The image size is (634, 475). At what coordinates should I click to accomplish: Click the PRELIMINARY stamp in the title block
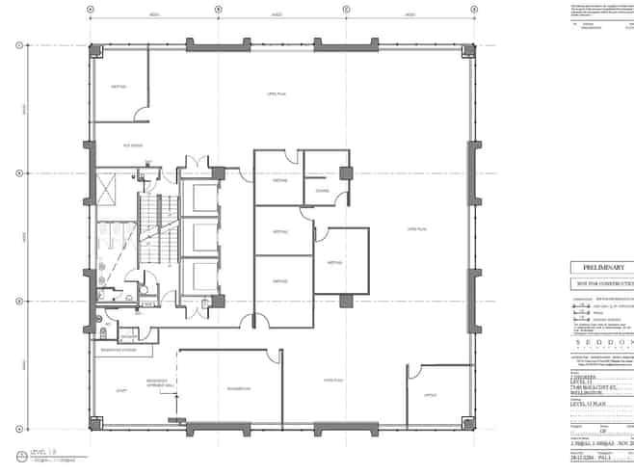[x=603, y=267]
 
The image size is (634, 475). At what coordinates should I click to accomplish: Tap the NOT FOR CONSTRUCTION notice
[x=603, y=283]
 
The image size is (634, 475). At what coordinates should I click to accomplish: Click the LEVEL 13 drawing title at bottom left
[x=43, y=452]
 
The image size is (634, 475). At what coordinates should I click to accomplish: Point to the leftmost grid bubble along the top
[x=90, y=10]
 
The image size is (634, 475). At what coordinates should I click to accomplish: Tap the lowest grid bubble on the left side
[x=18, y=427]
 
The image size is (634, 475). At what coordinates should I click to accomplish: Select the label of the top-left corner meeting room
[x=119, y=86]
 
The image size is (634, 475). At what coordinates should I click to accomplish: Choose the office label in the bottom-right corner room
[x=431, y=394]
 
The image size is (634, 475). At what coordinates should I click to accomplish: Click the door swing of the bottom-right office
[x=414, y=371]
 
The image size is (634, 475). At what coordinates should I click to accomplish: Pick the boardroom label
[x=239, y=388]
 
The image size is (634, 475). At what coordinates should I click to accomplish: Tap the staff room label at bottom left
[x=122, y=390]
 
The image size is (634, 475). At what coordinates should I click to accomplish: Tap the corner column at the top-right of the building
[x=468, y=49]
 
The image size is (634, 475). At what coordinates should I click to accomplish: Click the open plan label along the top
[x=277, y=93]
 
